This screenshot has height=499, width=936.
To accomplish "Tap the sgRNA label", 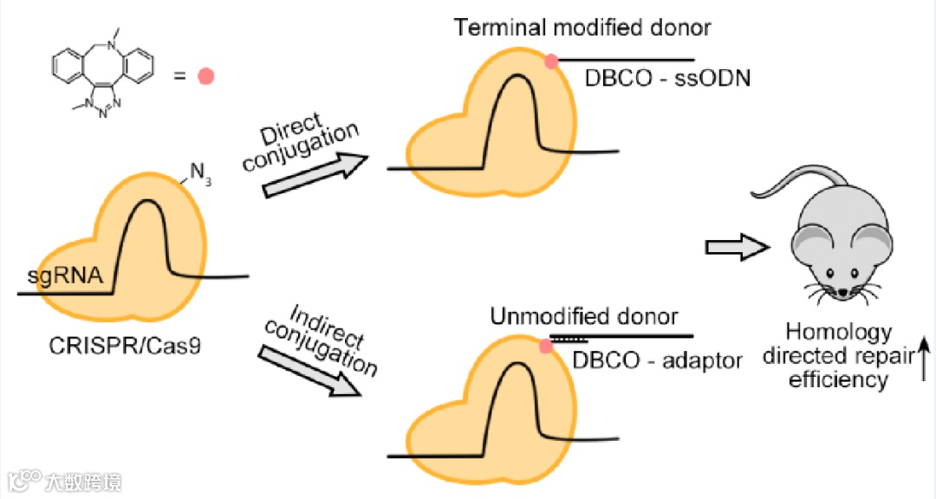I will pyautogui.click(x=65, y=277).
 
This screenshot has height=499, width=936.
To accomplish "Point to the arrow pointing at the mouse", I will pyautogui.click(x=736, y=248).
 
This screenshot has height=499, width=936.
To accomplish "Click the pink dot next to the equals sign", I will pyautogui.click(x=205, y=76).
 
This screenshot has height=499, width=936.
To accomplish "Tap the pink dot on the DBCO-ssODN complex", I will pyautogui.click(x=550, y=60).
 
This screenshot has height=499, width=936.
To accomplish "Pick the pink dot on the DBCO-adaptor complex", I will pyautogui.click(x=546, y=347).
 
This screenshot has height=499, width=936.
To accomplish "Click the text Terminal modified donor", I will pyautogui.click(x=582, y=28).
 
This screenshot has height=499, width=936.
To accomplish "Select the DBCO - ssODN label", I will pyautogui.click(x=667, y=79).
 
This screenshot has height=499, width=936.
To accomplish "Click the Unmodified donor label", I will pyautogui.click(x=584, y=317).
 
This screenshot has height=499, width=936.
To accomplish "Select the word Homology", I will pyautogui.click(x=826, y=333).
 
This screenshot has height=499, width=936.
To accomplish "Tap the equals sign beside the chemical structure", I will pyautogui.click(x=179, y=76).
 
